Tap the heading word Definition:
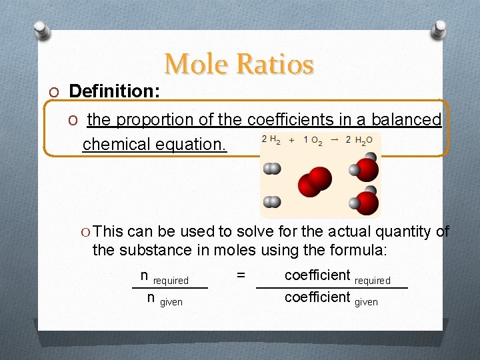coord(114,91)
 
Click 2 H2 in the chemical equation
coord(271,141)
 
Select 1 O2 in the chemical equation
coord(313,141)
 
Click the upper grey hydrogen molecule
coord(271,169)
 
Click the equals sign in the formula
coord(241,275)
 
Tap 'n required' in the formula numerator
coord(164,277)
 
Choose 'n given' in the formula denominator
coord(164,299)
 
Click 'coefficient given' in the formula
coord(331,298)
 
